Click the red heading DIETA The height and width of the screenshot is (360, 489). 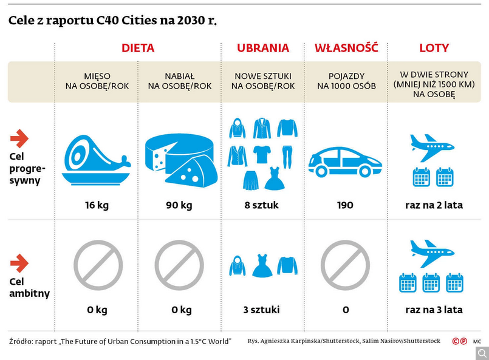(x=138, y=48)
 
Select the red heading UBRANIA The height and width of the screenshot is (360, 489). (x=263, y=48)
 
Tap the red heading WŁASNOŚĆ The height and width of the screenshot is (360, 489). (x=346, y=48)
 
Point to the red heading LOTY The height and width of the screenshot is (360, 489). (x=434, y=48)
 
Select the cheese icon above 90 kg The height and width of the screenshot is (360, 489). (x=180, y=158)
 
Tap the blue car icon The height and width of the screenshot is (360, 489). (x=345, y=161)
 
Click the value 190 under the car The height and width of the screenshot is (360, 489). (x=345, y=205)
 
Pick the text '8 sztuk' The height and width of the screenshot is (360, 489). (x=262, y=205)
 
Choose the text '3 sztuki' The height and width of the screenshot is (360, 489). (x=262, y=310)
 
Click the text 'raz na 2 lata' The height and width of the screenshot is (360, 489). (x=434, y=205)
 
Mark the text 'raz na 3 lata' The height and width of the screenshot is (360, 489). (x=434, y=310)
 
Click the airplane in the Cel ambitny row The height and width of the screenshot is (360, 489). (x=433, y=253)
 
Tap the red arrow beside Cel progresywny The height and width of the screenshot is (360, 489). (x=19, y=139)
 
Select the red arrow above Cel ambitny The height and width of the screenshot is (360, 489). (x=19, y=263)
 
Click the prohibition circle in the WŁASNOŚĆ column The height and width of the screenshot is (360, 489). (x=345, y=265)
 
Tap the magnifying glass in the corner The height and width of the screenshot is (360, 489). (x=482, y=353)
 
